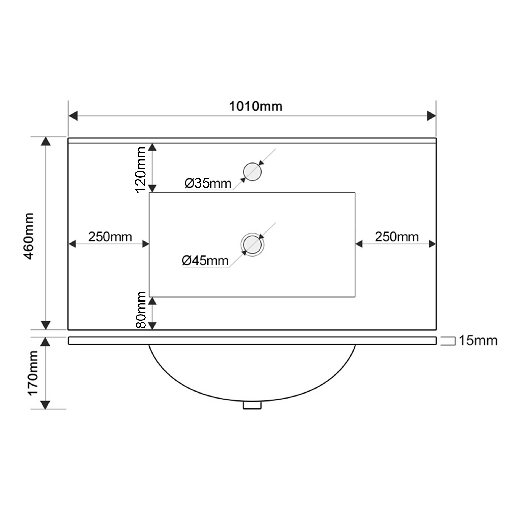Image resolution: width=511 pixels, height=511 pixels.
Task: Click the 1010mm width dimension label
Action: pyautogui.click(x=255, y=106)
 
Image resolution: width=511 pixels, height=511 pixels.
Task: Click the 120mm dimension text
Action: pyautogui.click(x=140, y=170)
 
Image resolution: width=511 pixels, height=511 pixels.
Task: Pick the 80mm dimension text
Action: pyautogui.click(x=140, y=310)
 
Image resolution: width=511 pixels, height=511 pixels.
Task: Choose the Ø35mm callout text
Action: pyautogui.click(x=208, y=183)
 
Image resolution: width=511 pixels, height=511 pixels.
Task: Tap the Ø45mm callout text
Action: pyautogui.click(x=205, y=261)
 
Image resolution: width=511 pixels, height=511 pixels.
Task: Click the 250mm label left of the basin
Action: pyautogui.click(x=110, y=237)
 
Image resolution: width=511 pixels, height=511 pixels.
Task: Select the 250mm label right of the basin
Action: pyautogui.click(x=397, y=237)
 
